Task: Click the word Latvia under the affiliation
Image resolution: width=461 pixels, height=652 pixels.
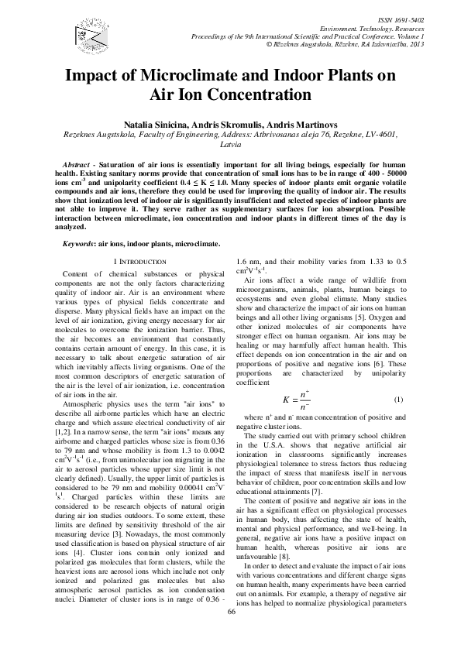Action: click(x=231, y=144)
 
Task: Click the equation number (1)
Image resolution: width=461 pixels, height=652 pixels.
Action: click(x=400, y=377)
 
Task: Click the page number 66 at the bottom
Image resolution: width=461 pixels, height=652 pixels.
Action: click(x=230, y=633)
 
